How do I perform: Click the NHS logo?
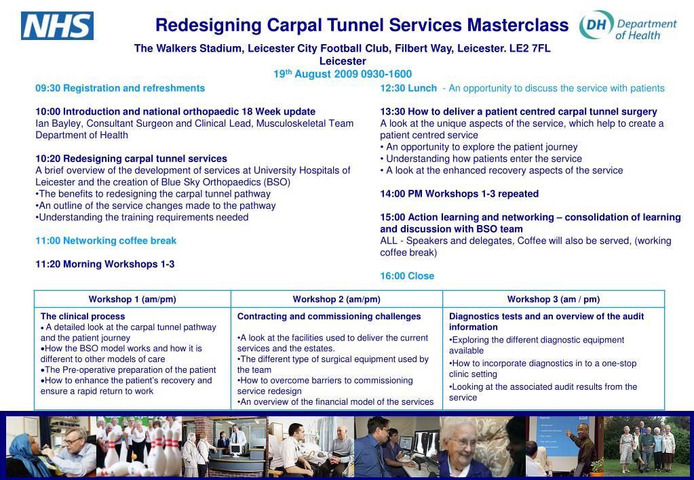tap(57, 26)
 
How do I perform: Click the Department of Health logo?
tap(628, 28)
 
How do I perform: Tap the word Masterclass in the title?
tap(517, 26)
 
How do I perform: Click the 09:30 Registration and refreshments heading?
tap(120, 88)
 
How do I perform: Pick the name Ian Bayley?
tap(58, 123)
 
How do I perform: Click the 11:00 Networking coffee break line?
tap(106, 241)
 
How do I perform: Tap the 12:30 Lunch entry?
tap(408, 88)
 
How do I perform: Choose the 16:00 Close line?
tap(407, 276)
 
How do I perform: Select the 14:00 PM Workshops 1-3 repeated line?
tap(459, 194)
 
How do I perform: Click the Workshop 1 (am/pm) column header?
tap(132, 299)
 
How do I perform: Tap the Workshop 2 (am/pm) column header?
tap(336, 299)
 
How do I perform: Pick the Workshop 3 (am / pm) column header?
tap(553, 299)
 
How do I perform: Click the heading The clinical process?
tap(83, 317)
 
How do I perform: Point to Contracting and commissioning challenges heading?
tap(329, 317)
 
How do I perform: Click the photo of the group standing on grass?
tap(647, 446)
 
